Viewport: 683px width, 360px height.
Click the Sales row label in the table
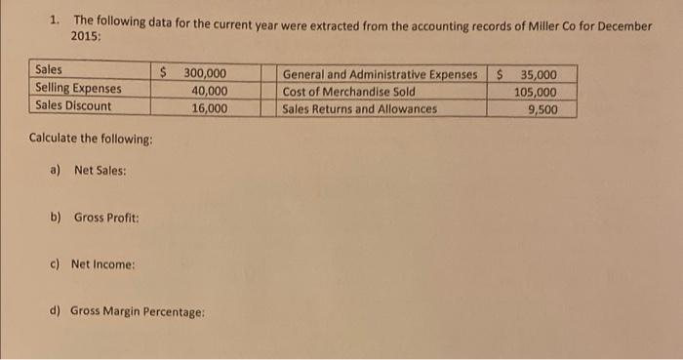(48, 71)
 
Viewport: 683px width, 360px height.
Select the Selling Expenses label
(79, 89)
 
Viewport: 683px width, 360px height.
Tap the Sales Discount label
(73, 106)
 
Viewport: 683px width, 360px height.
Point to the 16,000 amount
(210, 107)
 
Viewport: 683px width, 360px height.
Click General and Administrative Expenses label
(381, 74)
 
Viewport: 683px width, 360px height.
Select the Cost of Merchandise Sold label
(348, 92)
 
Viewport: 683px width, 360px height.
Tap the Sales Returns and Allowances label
(360, 108)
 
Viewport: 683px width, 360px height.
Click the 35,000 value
(540, 74)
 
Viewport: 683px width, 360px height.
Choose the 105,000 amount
(536, 92)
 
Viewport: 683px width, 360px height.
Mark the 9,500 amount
(542, 109)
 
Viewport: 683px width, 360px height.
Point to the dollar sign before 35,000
(500, 73)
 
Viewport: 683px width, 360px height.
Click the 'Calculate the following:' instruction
(92, 138)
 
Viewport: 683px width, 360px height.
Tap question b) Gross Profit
(97, 217)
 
